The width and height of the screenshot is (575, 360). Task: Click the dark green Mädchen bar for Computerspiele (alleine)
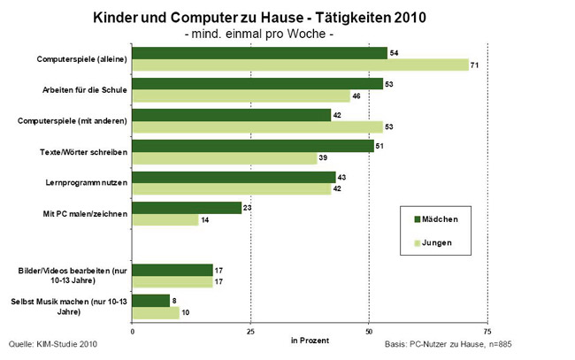tap(259, 53)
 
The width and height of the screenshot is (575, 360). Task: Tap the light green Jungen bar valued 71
tap(300, 65)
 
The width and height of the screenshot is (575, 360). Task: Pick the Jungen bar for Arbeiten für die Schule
tap(241, 96)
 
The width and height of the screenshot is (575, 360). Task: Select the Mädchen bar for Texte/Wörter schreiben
tap(253, 146)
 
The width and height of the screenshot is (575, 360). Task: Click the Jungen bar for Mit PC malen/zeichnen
tap(165, 220)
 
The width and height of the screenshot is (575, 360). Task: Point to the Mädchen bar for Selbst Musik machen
tap(150, 301)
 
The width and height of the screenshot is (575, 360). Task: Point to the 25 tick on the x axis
tap(250, 333)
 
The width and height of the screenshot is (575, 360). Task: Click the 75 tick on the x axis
tap(487, 333)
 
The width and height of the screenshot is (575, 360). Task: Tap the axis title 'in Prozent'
tap(310, 340)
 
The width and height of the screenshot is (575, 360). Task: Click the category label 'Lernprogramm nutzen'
tap(86, 183)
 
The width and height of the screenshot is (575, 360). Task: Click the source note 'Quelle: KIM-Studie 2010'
tap(52, 343)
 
